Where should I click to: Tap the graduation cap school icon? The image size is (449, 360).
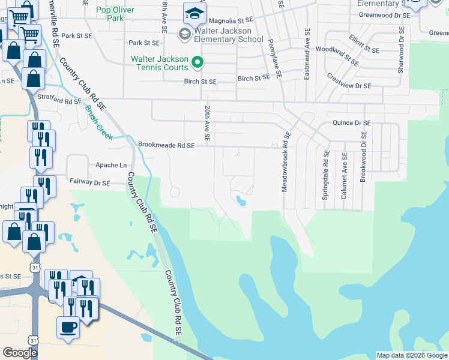coord(194,13)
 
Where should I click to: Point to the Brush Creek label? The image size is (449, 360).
coord(99,123)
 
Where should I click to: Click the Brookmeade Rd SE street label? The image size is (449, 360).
coord(166,145)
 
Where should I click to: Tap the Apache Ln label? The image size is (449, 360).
coord(112,165)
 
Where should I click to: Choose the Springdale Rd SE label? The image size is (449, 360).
coord(325,175)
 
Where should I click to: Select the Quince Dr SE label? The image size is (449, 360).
coord(352,123)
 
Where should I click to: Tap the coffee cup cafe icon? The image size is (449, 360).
coord(67,328)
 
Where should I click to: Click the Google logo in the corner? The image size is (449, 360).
coord(20,353)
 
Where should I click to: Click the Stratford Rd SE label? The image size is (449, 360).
coord(59,101)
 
